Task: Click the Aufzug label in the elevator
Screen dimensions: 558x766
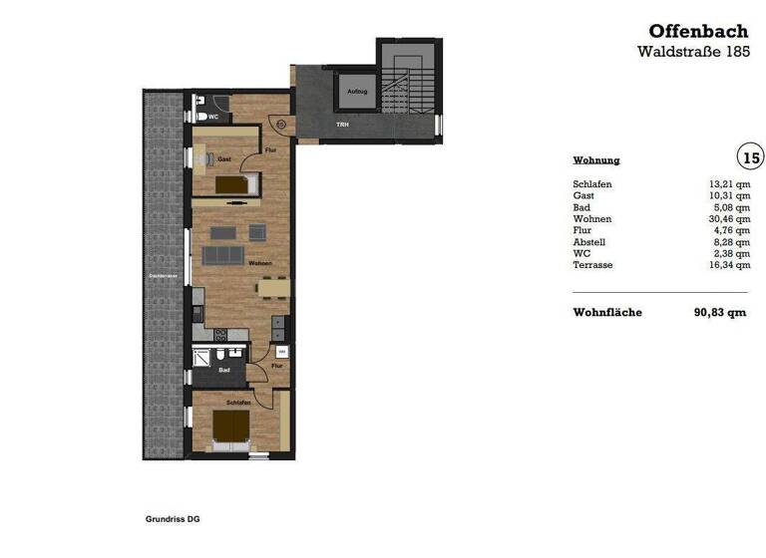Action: (x=357, y=92)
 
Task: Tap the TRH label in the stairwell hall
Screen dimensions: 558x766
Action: (x=342, y=125)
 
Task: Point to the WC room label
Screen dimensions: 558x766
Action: (x=212, y=117)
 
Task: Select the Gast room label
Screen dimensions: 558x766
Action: (x=224, y=158)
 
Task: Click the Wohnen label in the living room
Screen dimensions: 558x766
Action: (x=261, y=263)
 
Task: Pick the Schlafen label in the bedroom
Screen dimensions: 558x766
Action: (x=237, y=402)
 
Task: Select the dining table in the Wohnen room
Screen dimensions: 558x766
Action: (x=273, y=287)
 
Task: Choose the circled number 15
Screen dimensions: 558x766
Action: (x=750, y=156)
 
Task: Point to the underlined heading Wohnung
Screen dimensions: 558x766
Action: (x=596, y=160)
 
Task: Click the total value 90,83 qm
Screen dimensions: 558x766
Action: (x=720, y=312)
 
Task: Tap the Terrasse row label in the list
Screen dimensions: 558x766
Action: (x=593, y=265)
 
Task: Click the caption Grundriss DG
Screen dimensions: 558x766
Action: (x=173, y=519)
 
